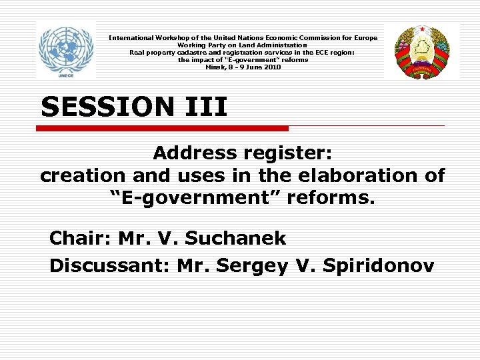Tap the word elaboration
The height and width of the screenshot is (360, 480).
click(x=357, y=175)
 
